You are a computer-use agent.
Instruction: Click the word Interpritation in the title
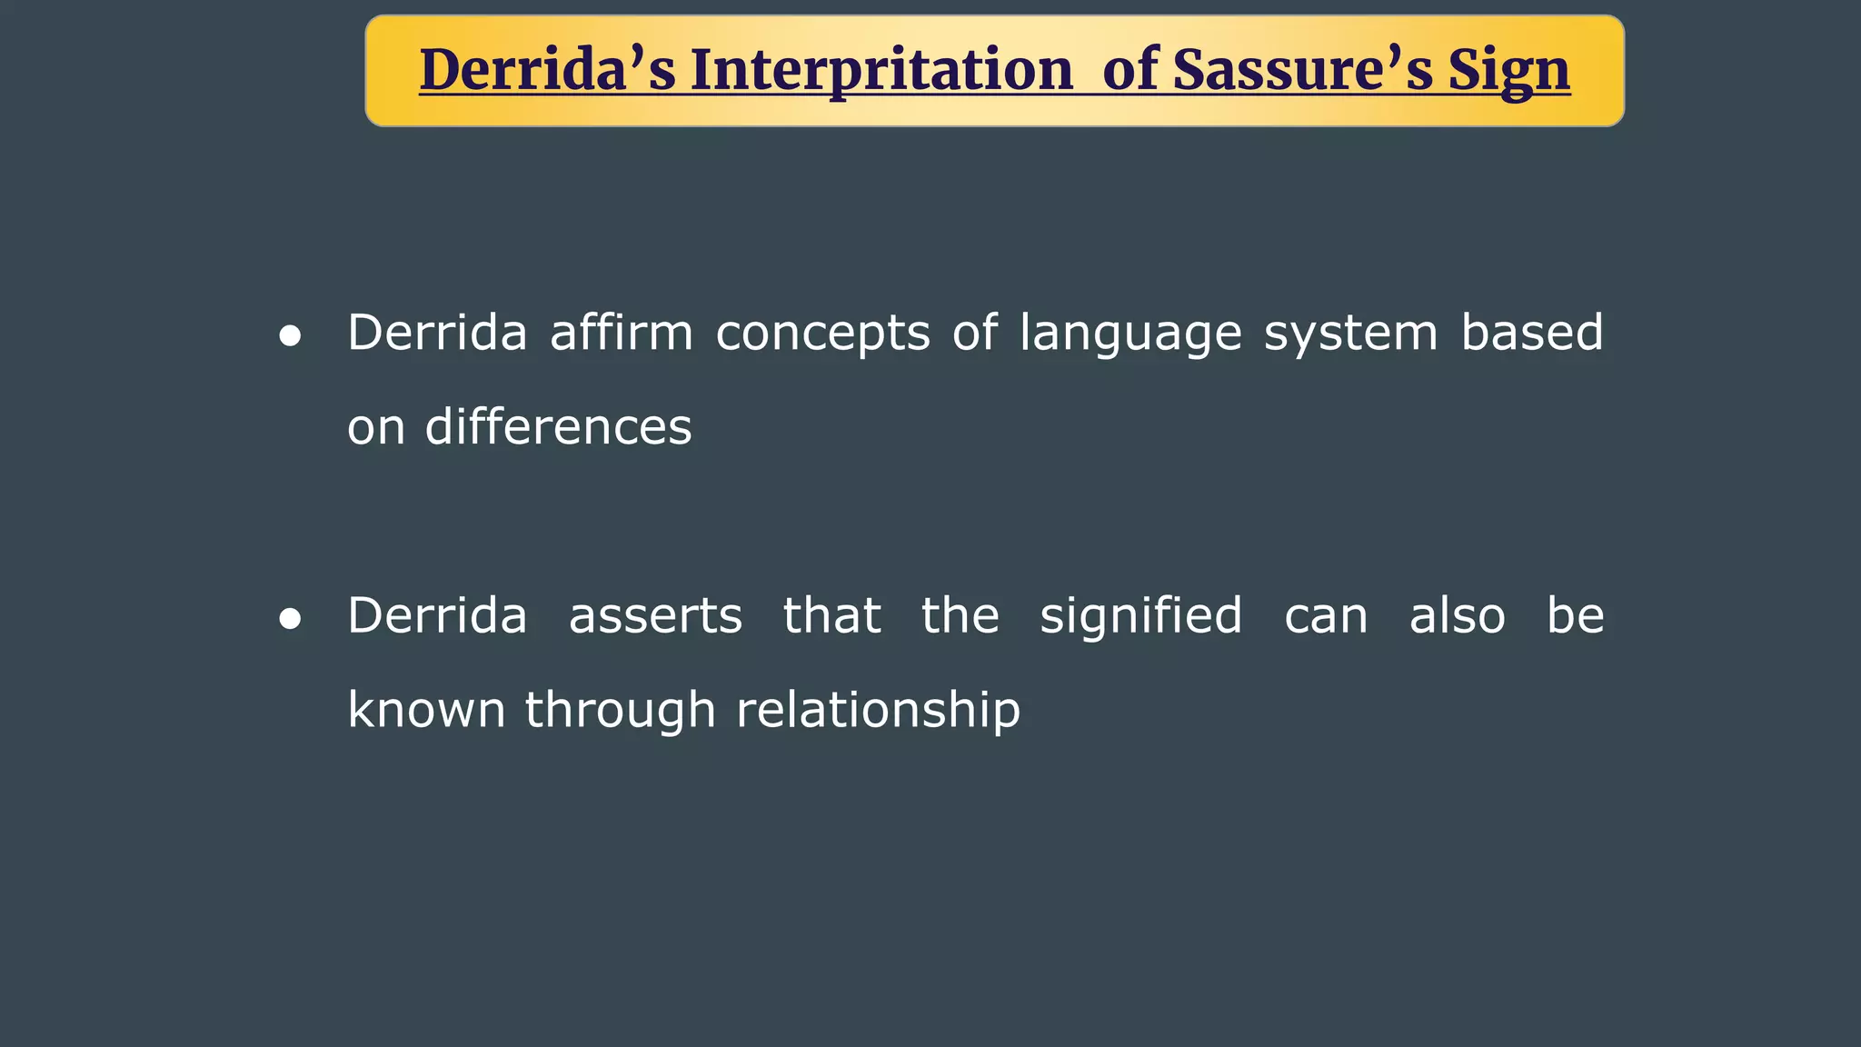(881, 71)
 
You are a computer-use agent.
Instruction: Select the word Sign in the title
(1508, 71)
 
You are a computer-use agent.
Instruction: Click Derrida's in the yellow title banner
(547, 71)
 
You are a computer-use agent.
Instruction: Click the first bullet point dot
(290, 336)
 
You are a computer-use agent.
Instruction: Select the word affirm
(622, 333)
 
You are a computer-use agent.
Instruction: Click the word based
(1532, 333)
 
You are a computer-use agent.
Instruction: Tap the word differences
(558, 427)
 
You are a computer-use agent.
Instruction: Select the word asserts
(655, 616)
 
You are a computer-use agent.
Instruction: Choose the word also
(1457, 616)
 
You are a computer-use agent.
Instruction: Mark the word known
(426, 710)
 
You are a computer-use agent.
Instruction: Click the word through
(621, 712)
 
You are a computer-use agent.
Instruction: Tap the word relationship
(878, 712)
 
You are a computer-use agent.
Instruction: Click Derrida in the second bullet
(437, 616)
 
